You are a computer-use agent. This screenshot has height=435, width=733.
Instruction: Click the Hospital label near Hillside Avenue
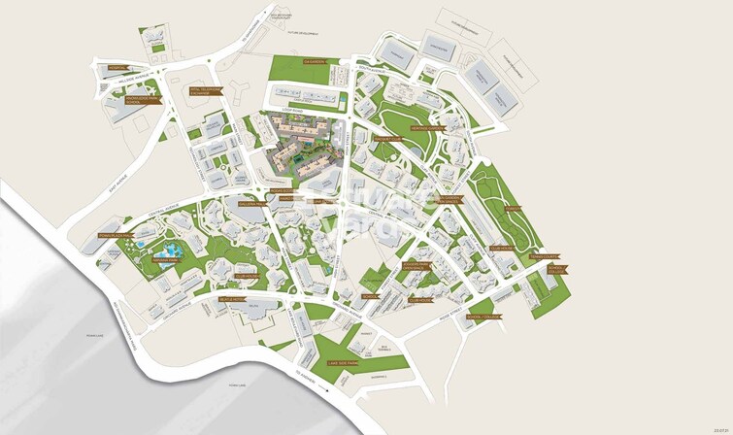(x=118, y=68)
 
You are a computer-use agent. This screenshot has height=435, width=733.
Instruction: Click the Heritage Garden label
(x=428, y=127)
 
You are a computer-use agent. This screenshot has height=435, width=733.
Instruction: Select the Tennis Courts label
(x=554, y=257)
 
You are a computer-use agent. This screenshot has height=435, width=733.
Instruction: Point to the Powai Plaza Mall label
(x=114, y=234)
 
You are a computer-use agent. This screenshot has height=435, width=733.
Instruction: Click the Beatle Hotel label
(x=230, y=300)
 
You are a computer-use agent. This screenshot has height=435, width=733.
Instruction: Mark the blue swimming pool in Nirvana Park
(x=161, y=258)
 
